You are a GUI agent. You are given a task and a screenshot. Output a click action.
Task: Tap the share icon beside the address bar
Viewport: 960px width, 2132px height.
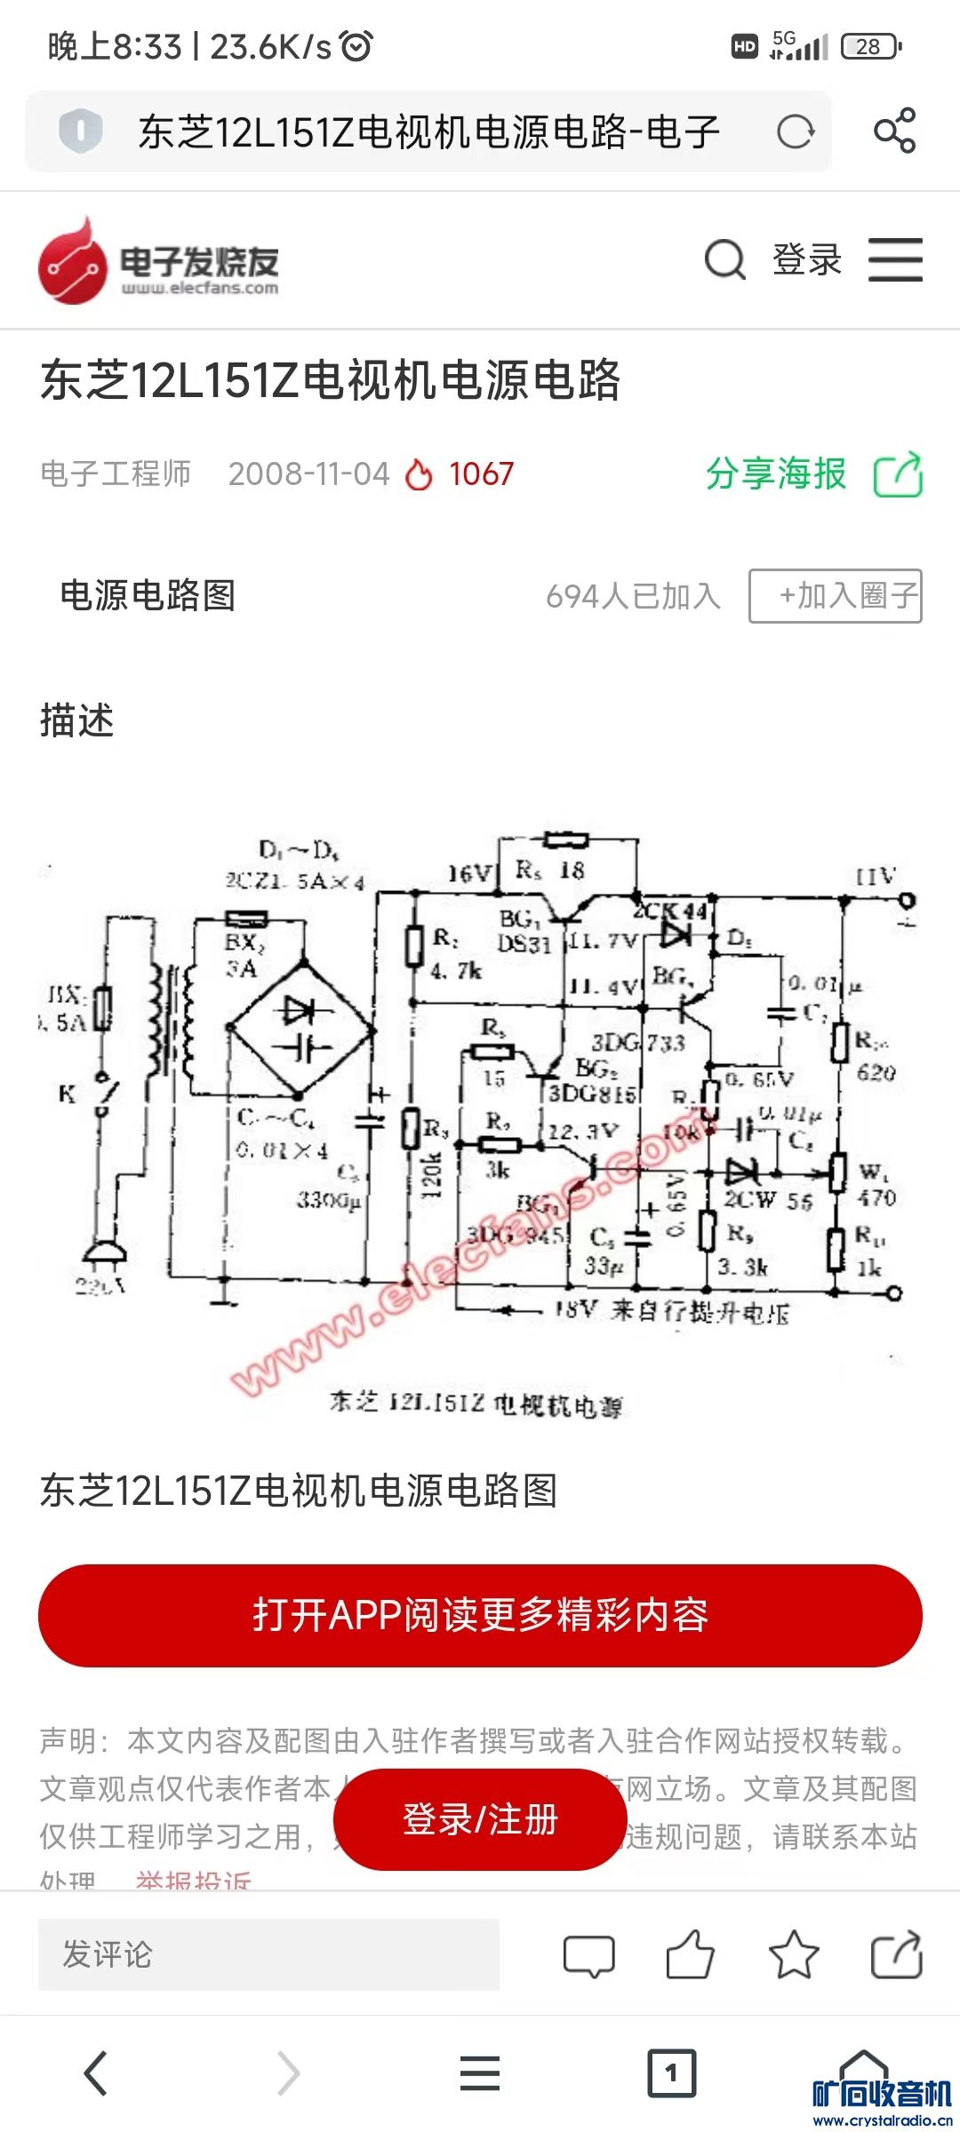pos(894,131)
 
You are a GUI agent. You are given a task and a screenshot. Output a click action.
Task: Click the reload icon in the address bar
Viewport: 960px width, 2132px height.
pos(795,132)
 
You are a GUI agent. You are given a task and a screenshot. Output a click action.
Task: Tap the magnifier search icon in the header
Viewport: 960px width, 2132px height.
pos(724,260)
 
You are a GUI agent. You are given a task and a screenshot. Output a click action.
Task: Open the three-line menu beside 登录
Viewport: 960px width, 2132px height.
pos(895,260)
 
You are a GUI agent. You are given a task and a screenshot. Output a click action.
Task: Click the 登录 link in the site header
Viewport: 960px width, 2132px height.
pos(806,260)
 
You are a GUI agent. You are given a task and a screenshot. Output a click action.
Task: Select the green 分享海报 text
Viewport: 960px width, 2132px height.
pos(776,473)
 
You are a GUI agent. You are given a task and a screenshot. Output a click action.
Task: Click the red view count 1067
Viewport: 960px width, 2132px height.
pos(481,474)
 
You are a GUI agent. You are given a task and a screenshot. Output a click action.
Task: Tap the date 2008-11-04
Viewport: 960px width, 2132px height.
pos(308,474)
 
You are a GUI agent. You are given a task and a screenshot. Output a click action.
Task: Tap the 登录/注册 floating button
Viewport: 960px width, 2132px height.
pos(480,1819)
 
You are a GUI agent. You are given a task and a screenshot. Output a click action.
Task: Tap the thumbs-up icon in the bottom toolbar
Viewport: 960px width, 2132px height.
pos(691,1955)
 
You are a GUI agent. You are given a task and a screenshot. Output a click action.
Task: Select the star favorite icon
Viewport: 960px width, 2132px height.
pos(793,1955)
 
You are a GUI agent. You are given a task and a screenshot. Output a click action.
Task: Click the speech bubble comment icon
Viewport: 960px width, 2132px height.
pos(588,1955)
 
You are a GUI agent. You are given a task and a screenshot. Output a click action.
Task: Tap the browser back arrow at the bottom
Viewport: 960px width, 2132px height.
pos(96,2073)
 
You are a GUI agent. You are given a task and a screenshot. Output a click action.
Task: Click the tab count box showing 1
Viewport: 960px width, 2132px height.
pos(671,2073)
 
